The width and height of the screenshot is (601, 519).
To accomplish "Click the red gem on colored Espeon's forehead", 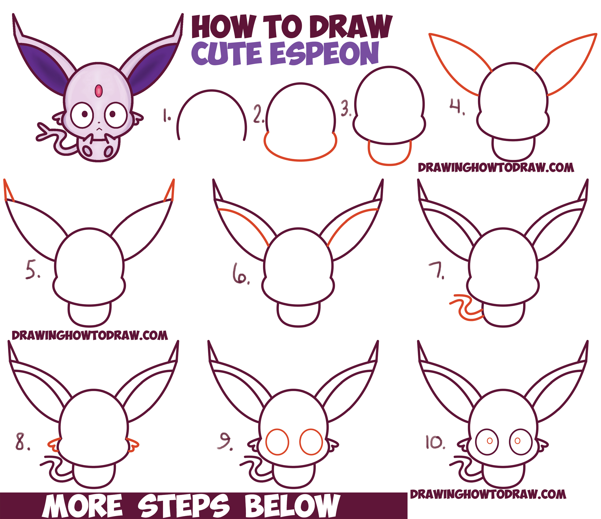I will tap(99, 91).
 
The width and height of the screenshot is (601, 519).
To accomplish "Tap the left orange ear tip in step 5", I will tap(9, 191).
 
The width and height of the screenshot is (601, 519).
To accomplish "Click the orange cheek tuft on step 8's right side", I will tap(133, 445).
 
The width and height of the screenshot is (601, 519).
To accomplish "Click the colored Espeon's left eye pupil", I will tap(84, 114).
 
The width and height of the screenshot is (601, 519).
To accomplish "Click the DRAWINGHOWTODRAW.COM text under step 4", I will tap(496, 168).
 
